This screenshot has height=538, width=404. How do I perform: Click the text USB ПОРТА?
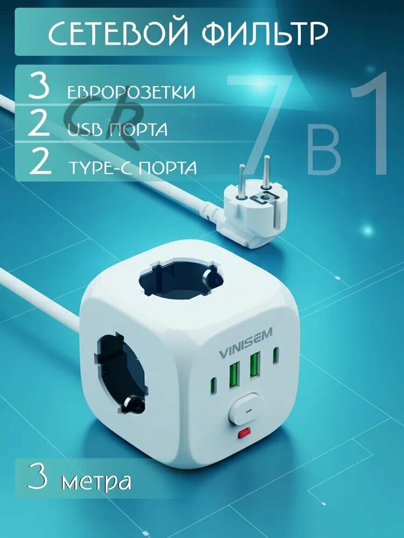click(x=117, y=130)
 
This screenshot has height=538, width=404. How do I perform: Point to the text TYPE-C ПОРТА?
click(x=132, y=167)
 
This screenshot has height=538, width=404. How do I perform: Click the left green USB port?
click(x=234, y=374)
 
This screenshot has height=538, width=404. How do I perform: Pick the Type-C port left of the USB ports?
click(x=213, y=386)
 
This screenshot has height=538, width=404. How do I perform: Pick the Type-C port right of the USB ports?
click(x=276, y=355)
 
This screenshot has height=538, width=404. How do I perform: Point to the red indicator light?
click(x=245, y=431)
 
